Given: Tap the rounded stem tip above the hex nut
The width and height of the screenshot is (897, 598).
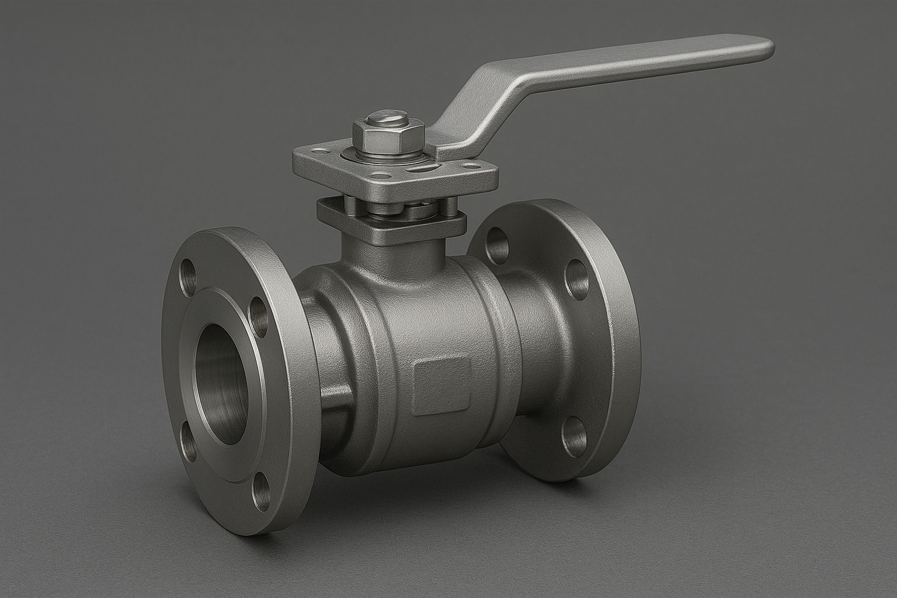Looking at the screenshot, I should coord(381,116).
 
